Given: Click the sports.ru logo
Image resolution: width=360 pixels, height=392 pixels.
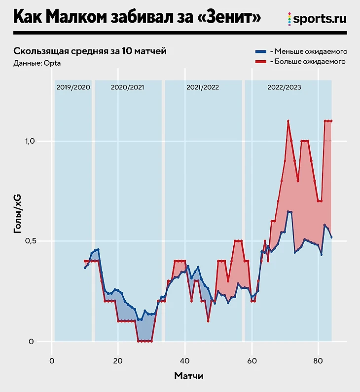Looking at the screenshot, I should point(317,19).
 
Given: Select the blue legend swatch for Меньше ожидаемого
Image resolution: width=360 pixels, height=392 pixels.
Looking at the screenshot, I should point(260,51).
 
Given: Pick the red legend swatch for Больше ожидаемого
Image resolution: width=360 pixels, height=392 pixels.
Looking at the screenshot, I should point(260,62).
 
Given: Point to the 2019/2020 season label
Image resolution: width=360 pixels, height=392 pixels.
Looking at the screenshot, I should point(73,87).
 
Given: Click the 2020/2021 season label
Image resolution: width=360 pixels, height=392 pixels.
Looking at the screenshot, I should point(128,87).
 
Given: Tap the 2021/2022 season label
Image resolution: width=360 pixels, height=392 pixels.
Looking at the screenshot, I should point(203,87).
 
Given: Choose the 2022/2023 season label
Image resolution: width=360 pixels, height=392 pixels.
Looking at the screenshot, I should point(285,87).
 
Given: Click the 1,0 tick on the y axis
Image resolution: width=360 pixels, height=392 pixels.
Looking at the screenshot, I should point(30,141).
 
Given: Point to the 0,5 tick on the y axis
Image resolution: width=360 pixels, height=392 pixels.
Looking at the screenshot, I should point(30,241).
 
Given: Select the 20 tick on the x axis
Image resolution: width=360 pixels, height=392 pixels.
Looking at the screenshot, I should point(118,360).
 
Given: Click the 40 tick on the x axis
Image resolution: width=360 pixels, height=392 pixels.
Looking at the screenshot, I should point(185,360).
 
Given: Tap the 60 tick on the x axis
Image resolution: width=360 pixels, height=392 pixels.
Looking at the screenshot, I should point(252,360).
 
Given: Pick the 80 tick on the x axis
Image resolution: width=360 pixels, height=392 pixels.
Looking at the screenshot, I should point(318,360).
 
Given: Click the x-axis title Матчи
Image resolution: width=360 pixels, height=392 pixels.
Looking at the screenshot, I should point(188,376).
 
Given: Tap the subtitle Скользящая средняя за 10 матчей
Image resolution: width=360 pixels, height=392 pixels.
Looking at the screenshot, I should point(90,51).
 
